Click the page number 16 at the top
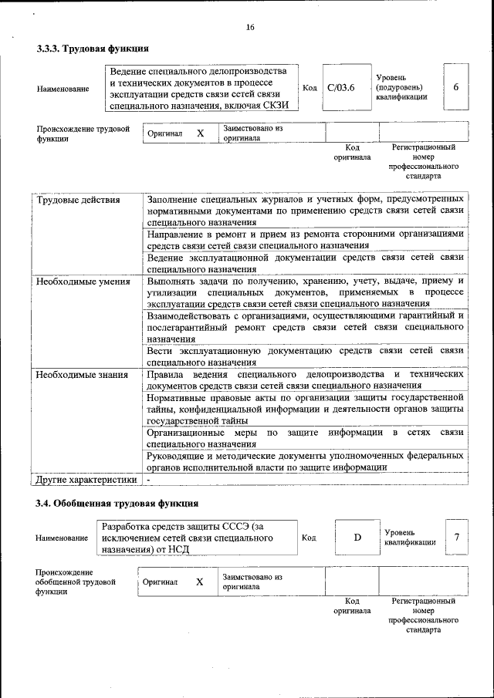[x=250, y=28]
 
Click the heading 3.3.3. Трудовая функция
[x=93, y=48]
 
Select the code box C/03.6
[x=340, y=88]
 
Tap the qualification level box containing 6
[x=455, y=88]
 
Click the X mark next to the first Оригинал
[x=201, y=133]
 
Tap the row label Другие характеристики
[x=86, y=480]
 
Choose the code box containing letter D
[x=357, y=537]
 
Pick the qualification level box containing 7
[x=457, y=537]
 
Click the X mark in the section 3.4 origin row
[x=199, y=582]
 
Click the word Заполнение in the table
[x=177, y=200]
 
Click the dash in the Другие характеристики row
[x=149, y=480]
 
